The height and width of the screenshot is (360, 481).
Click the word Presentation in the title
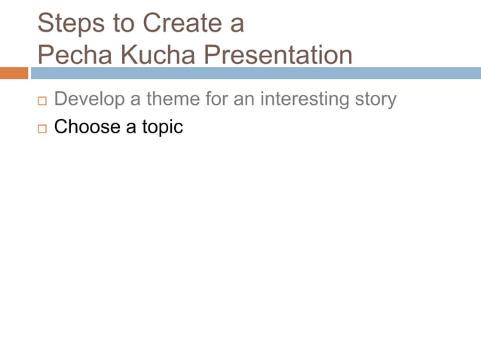(280, 55)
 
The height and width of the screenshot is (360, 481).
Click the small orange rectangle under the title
(14, 73)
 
